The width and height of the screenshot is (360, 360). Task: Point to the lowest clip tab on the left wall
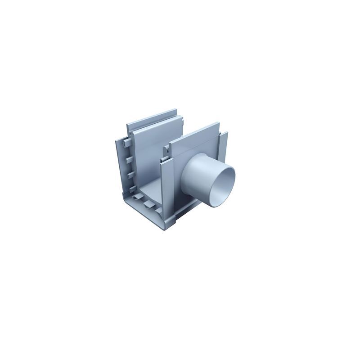pos(132,188)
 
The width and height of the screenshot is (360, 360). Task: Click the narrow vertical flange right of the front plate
pos(223,146)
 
